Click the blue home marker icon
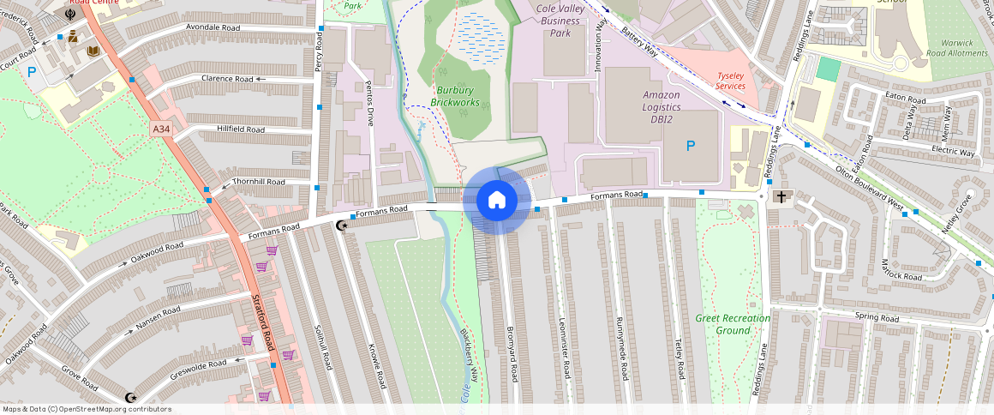496,201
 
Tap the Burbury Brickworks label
455,96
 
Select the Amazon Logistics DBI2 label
661,107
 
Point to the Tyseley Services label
730,81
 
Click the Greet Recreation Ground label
732,324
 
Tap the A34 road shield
160,129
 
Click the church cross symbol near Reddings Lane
780,197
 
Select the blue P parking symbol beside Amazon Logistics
691,147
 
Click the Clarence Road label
227,79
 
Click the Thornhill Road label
258,182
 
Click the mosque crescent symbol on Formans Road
343,226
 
